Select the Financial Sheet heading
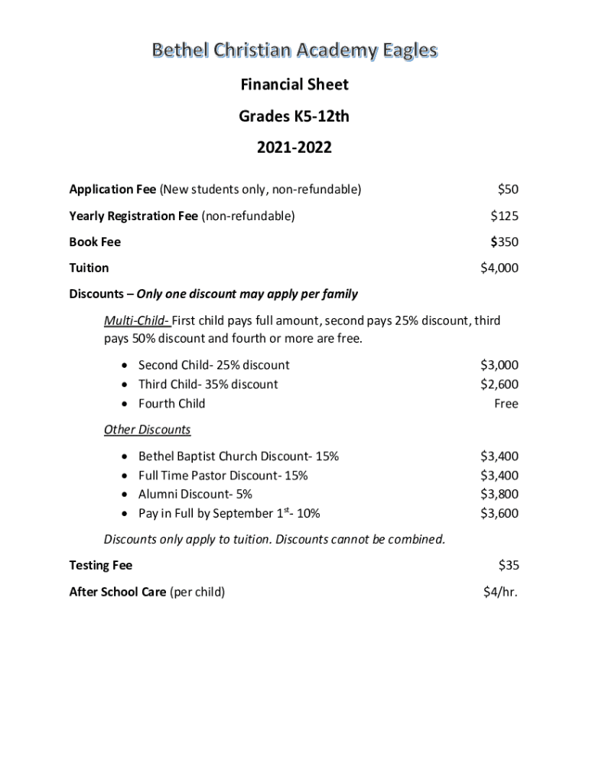click(x=294, y=84)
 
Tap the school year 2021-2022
click(x=294, y=148)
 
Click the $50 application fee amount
click(x=507, y=189)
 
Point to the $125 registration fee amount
click(x=504, y=216)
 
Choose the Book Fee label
click(x=95, y=242)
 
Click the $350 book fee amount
click(x=504, y=242)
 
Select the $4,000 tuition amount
click(x=499, y=268)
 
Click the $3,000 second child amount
click(x=499, y=366)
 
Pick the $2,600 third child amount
click(x=499, y=385)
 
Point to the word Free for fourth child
click(x=506, y=404)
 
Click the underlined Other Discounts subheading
click(x=147, y=430)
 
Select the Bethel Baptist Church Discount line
click(x=238, y=456)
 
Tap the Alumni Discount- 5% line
click(x=195, y=495)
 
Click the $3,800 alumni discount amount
click(x=499, y=495)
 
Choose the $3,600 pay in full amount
click(x=499, y=514)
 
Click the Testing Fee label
click(x=100, y=566)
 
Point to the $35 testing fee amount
click(x=508, y=566)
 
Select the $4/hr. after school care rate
click(x=500, y=592)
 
